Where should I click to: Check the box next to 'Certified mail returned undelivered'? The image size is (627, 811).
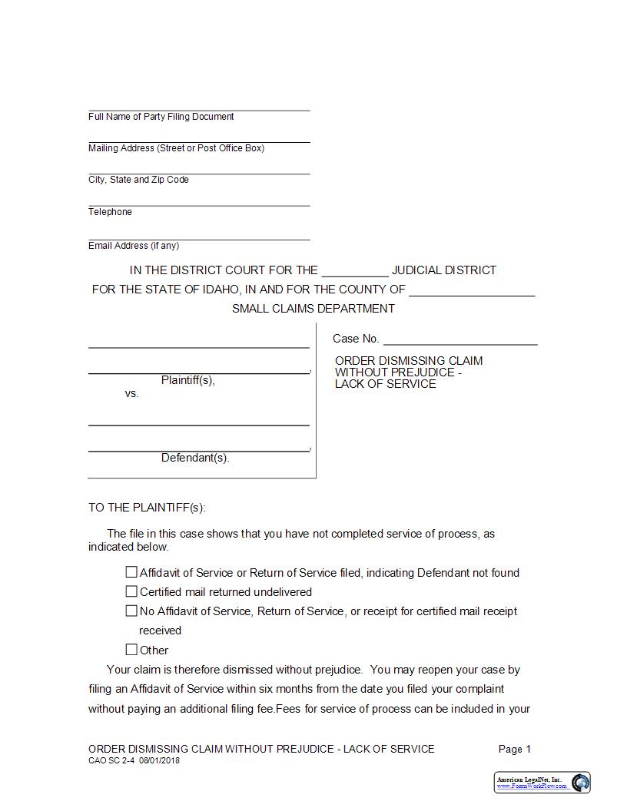[131, 591]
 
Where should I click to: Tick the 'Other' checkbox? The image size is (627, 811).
[131, 650]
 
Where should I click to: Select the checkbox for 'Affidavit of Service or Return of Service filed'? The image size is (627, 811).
[131, 572]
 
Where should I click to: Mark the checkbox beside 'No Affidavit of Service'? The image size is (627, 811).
[131, 611]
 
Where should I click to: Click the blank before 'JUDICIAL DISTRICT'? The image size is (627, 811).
[354, 270]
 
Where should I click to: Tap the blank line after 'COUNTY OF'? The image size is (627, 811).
[472, 290]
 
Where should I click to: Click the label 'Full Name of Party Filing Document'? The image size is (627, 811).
[161, 117]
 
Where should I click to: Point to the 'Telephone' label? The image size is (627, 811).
[110, 212]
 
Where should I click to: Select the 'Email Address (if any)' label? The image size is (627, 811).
[134, 246]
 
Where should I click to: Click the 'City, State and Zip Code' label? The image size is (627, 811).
[138, 180]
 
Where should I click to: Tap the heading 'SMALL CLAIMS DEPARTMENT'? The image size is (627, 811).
[313, 309]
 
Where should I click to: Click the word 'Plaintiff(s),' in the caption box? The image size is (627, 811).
[188, 380]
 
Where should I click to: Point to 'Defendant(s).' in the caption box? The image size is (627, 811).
[195, 458]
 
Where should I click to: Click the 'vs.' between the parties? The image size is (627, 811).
[131, 393]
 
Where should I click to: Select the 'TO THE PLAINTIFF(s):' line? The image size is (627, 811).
[147, 508]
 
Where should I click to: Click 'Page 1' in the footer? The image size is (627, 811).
[515, 749]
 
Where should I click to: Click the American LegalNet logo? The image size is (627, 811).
[542, 783]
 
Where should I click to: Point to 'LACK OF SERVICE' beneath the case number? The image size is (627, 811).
[385, 384]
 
